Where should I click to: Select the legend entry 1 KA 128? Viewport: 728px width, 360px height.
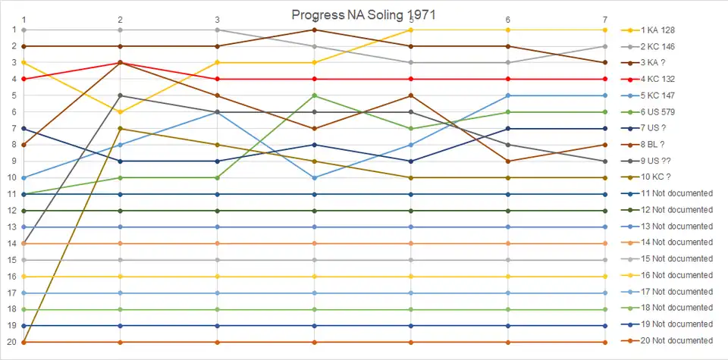[x=658, y=30]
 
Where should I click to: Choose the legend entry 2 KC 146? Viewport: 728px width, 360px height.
[x=658, y=46]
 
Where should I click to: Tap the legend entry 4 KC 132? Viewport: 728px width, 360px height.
[x=658, y=79]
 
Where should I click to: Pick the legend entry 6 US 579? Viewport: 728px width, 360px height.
[x=658, y=112]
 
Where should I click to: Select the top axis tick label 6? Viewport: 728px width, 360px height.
[x=507, y=19]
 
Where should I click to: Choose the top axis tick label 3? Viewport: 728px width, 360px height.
[x=218, y=19]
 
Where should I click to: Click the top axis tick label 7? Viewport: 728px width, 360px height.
[x=604, y=19]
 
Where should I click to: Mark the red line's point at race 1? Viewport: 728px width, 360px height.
[x=24, y=79]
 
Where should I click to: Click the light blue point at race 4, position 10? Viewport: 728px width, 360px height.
[x=314, y=177]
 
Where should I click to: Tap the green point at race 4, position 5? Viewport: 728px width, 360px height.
[x=314, y=95]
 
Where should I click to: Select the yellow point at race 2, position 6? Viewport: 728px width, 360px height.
[x=121, y=112]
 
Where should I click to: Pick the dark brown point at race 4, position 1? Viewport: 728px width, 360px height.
[x=314, y=30]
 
